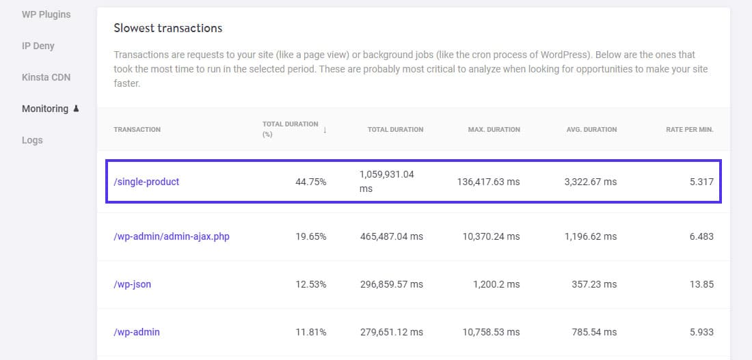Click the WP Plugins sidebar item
click(46, 14)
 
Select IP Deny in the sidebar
click(38, 46)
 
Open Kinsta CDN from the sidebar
click(46, 77)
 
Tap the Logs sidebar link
click(32, 140)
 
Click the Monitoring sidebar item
click(45, 109)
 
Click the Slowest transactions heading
click(167, 28)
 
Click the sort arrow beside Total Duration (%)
click(325, 130)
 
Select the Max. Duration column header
click(494, 129)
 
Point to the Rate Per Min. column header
click(689, 129)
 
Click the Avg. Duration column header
click(591, 129)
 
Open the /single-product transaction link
click(146, 182)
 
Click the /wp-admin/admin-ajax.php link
click(171, 236)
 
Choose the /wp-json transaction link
click(132, 284)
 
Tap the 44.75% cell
click(310, 182)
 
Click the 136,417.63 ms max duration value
click(488, 182)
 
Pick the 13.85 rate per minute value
click(702, 284)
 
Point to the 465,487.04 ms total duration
click(391, 236)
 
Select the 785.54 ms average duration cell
click(594, 332)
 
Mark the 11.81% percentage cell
click(310, 332)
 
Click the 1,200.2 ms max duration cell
click(496, 284)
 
